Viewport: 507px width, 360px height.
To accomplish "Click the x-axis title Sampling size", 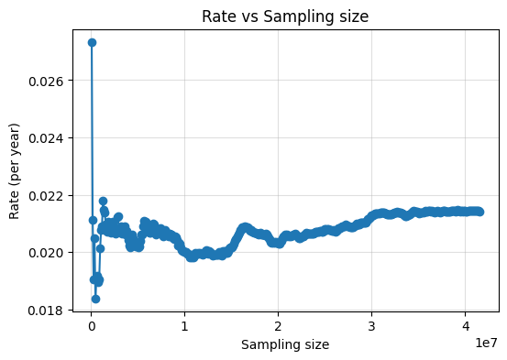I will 285,344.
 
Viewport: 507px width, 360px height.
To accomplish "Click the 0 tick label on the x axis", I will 92,326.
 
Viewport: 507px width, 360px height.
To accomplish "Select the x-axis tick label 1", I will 185,326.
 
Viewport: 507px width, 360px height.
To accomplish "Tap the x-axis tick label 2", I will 278,326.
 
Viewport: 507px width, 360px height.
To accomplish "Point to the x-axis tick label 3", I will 371,326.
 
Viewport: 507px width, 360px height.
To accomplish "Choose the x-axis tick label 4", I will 465,326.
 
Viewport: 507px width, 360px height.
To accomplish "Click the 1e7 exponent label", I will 485,342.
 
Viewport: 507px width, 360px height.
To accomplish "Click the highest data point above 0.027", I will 92,42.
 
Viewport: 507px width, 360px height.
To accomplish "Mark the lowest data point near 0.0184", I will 95,299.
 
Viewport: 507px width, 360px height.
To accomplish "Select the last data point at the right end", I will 479,212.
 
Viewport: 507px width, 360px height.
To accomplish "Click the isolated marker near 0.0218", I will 103,201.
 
